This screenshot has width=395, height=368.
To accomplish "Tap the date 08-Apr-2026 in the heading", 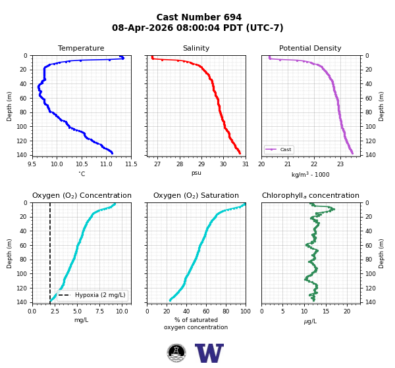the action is click(x=143, y=28).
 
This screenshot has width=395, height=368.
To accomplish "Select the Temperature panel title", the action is click(x=81, y=48).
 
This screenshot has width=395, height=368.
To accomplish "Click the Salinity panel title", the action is click(x=196, y=48).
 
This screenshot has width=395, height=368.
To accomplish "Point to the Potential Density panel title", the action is click(x=310, y=48).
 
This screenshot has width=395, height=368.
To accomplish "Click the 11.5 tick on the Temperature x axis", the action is click(x=131, y=164).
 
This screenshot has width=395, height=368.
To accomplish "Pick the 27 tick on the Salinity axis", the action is click(x=157, y=164).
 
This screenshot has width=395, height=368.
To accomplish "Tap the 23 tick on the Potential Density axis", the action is click(x=340, y=164).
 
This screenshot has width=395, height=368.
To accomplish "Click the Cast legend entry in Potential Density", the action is click(x=278, y=149).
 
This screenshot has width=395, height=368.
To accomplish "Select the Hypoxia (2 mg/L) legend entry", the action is click(x=92, y=295).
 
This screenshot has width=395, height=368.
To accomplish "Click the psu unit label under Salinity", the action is click(x=196, y=173).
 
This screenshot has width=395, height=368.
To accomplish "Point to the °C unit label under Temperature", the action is click(x=82, y=173).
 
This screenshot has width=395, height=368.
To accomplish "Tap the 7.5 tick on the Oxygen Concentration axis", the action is click(x=100, y=311).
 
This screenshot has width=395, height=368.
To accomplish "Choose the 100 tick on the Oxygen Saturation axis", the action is click(x=246, y=311).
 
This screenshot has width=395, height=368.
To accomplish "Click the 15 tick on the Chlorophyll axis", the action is click(x=326, y=311).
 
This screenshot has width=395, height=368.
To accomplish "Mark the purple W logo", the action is click(x=209, y=353).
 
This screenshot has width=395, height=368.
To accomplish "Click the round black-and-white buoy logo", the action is click(x=176, y=353).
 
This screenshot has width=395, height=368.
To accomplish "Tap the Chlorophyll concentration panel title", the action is click(x=310, y=195).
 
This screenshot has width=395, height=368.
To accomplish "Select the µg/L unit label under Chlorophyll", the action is click(x=310, y=321).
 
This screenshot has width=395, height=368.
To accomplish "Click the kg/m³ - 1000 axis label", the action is click(x=310, y=174).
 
